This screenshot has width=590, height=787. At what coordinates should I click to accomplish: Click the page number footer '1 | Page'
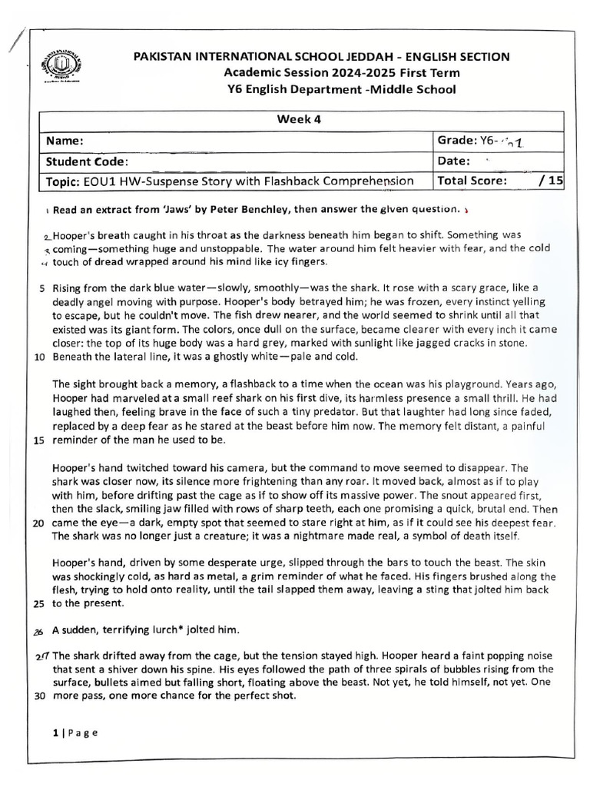[75, 732]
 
